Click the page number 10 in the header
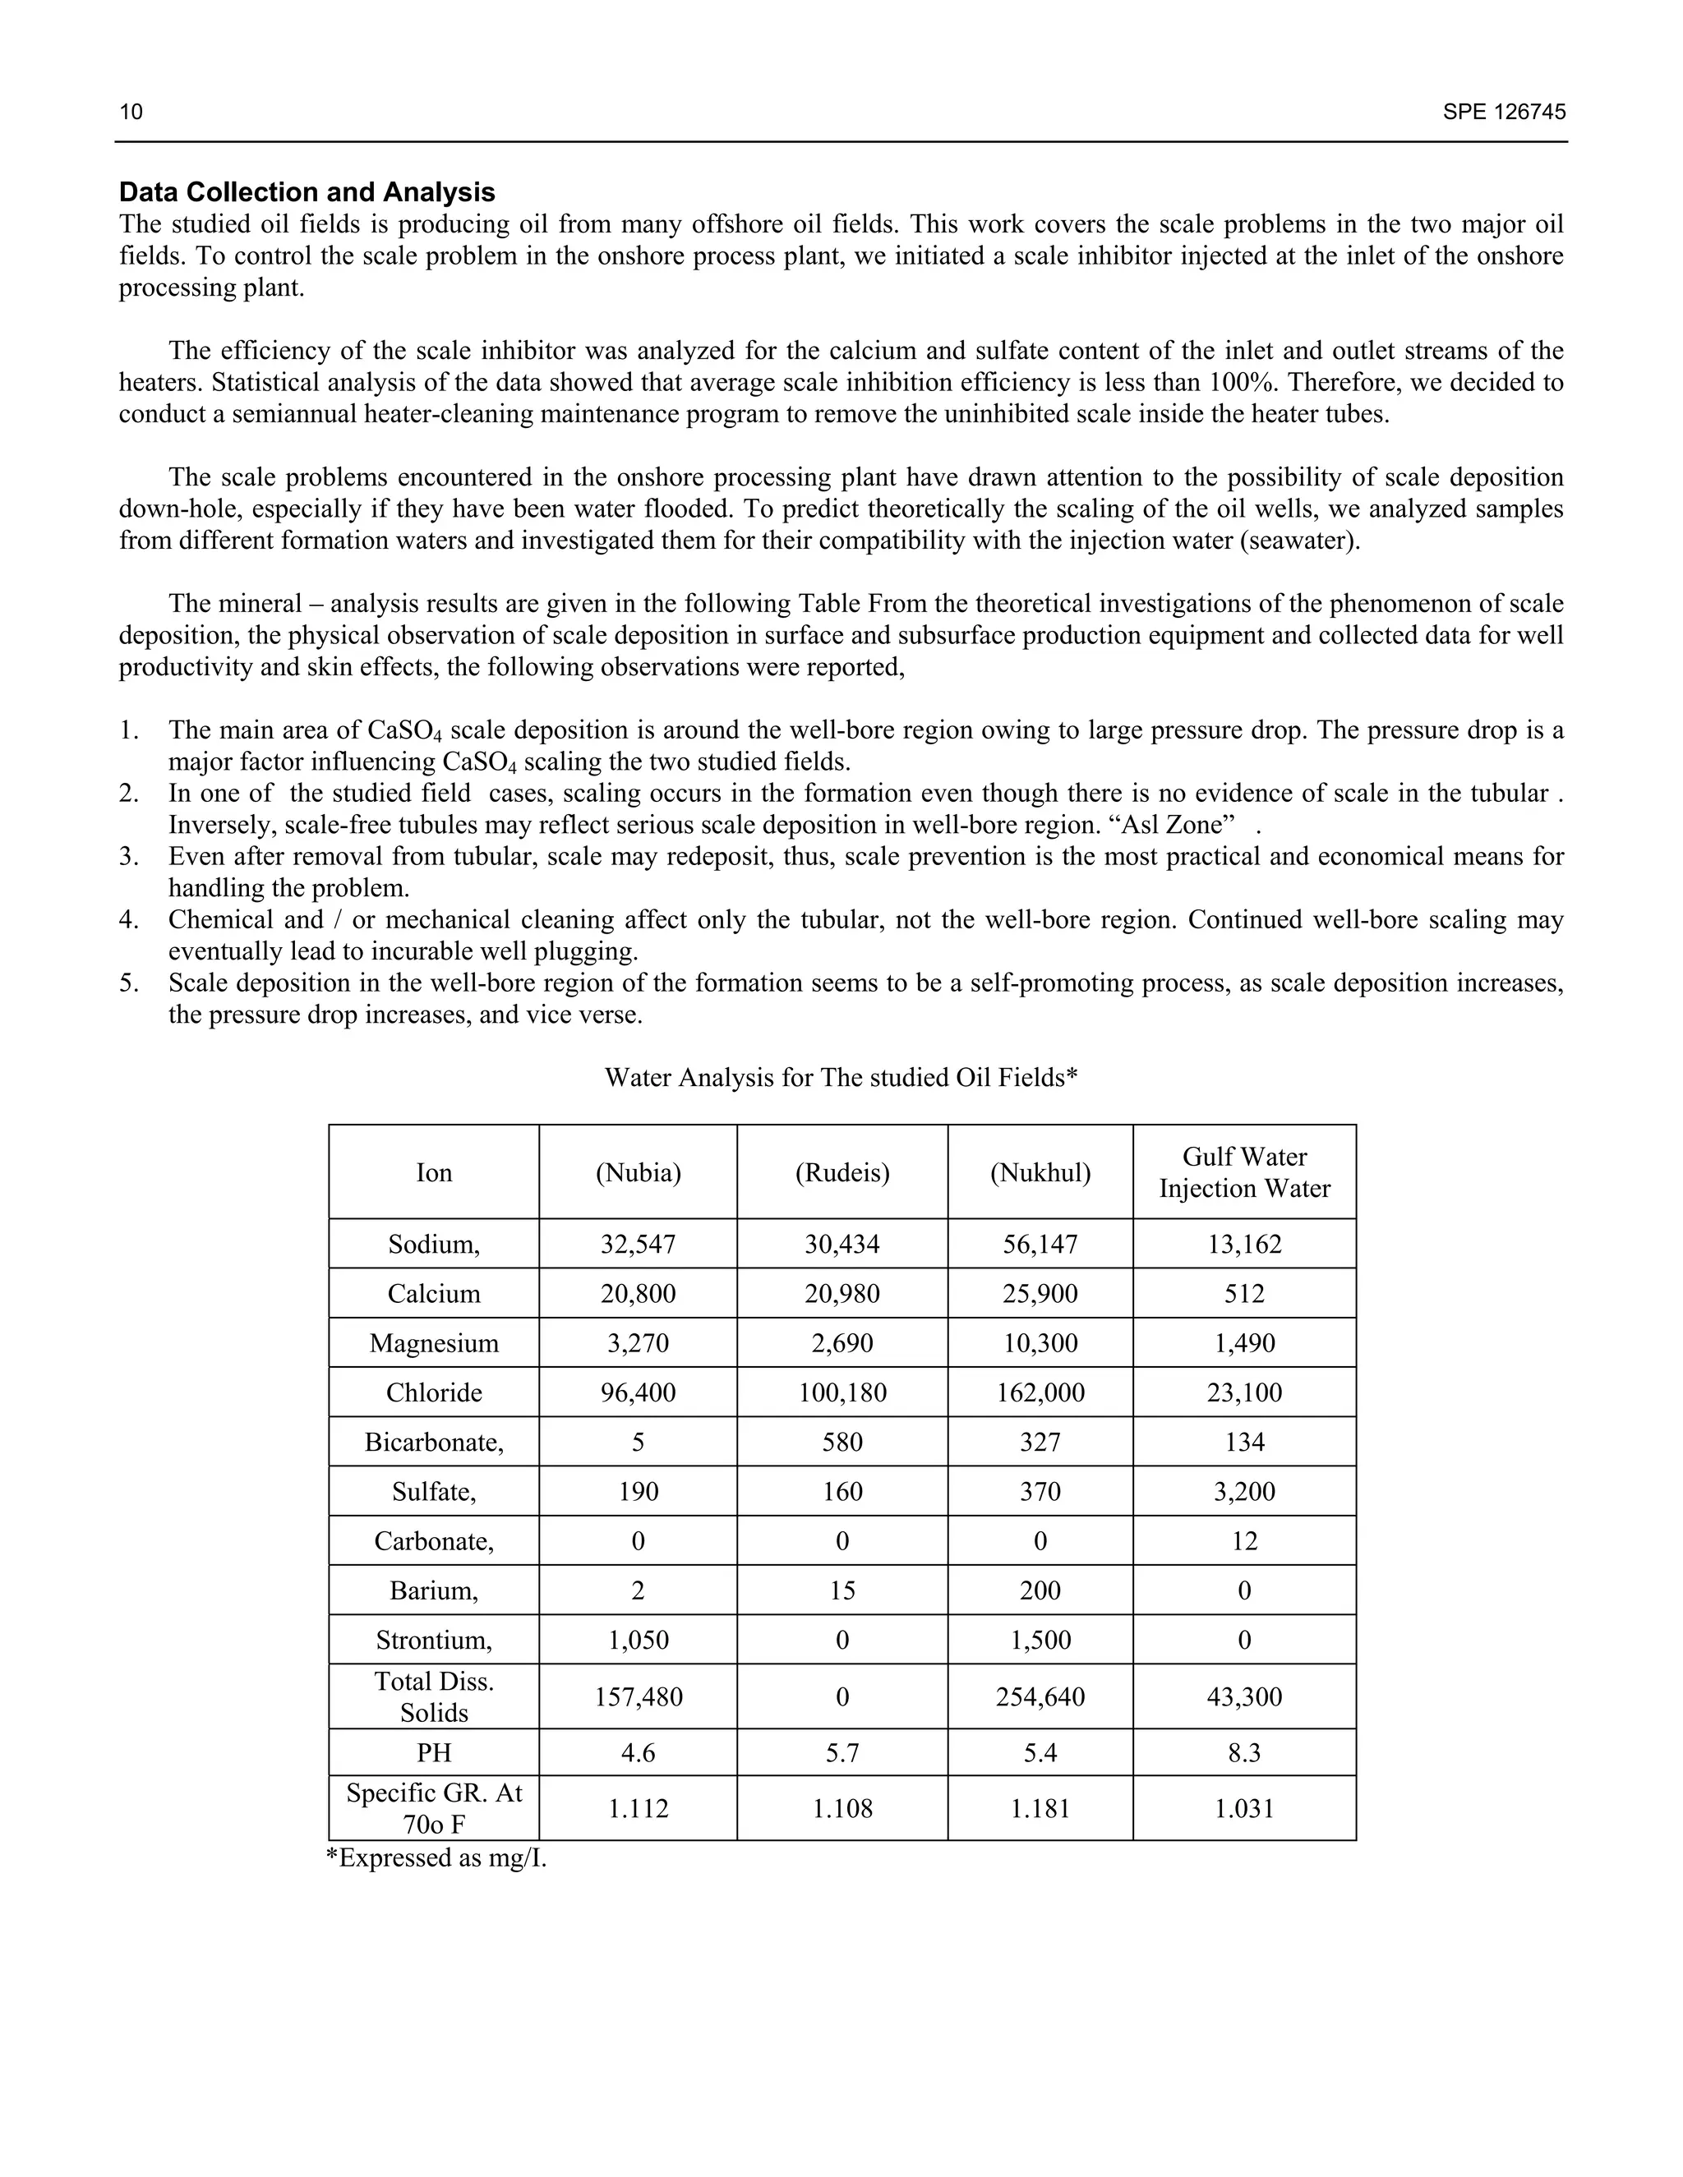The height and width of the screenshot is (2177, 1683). (131, 112)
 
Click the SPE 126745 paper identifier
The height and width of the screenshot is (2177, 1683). (1504, 112)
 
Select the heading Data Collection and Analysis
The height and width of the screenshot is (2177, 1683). (307, 192)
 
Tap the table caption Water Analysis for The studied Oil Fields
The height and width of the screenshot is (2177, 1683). (841, 1078)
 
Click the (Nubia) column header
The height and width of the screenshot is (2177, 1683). (638, 1172)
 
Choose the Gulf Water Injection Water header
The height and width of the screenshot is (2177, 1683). (1243, 1172)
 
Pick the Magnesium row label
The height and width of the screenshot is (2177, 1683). (434, 1342)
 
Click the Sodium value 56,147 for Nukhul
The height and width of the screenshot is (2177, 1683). (1040, 1244)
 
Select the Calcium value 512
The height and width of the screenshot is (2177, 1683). (1243, 1294)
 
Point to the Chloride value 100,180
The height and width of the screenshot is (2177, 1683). (841, 1392)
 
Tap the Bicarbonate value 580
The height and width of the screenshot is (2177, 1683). (841, 1443)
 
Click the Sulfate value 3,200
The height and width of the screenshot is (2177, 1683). (1243, 1492)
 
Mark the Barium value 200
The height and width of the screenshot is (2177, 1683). (1040, 1591)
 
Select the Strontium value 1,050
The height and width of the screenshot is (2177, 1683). (638, 1641)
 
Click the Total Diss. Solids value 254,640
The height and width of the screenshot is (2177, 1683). (1040, 1696)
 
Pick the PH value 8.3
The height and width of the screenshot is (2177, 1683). (1243, 1752)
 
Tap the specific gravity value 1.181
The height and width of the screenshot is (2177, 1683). (1040, 1808)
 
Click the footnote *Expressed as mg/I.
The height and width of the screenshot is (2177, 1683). (436, 1858)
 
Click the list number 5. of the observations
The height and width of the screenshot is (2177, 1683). (130, 984)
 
